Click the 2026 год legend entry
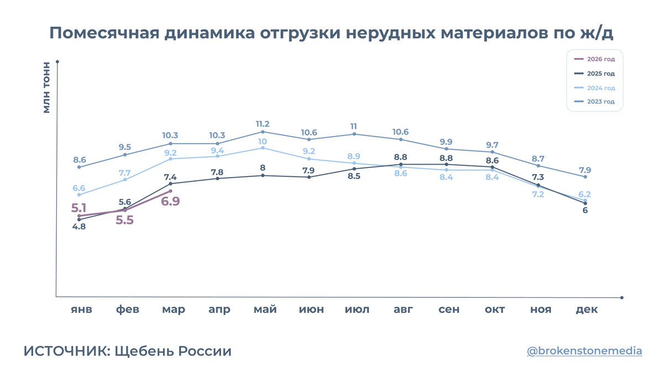point(594,59)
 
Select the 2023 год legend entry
point(594,102)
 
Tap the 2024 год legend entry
point(594,88)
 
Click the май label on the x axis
point(265,309)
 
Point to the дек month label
point(587,309)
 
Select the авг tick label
point(403,309)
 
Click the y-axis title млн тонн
point(46,87)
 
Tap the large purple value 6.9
point(171,201)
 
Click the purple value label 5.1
point(78,208)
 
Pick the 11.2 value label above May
point(262,124)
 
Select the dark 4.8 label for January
point(79,227)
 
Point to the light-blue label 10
point(262,141)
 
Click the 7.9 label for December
point(585,170)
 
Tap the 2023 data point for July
point(354,134)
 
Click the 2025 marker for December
point(585,203)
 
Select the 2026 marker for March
point(171,191)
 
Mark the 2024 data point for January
point(79,195)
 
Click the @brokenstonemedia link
point(585,351)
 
